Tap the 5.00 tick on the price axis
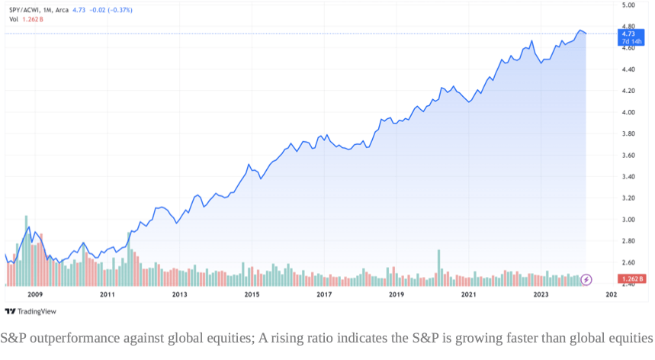click(628, 5)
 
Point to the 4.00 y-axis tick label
click(628, 112)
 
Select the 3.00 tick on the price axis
click(628, 220)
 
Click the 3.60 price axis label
click(628, 156)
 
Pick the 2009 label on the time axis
click(34, 294)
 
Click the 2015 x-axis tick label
click(252, 294)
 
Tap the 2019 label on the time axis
click(396, 294)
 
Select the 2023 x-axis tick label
click(541, 294)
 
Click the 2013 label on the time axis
click(179, 294)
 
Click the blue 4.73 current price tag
click(628, 34)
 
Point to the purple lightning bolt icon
click(586, 280)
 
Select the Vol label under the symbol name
click(13, 20)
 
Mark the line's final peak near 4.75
click(580, 31)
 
